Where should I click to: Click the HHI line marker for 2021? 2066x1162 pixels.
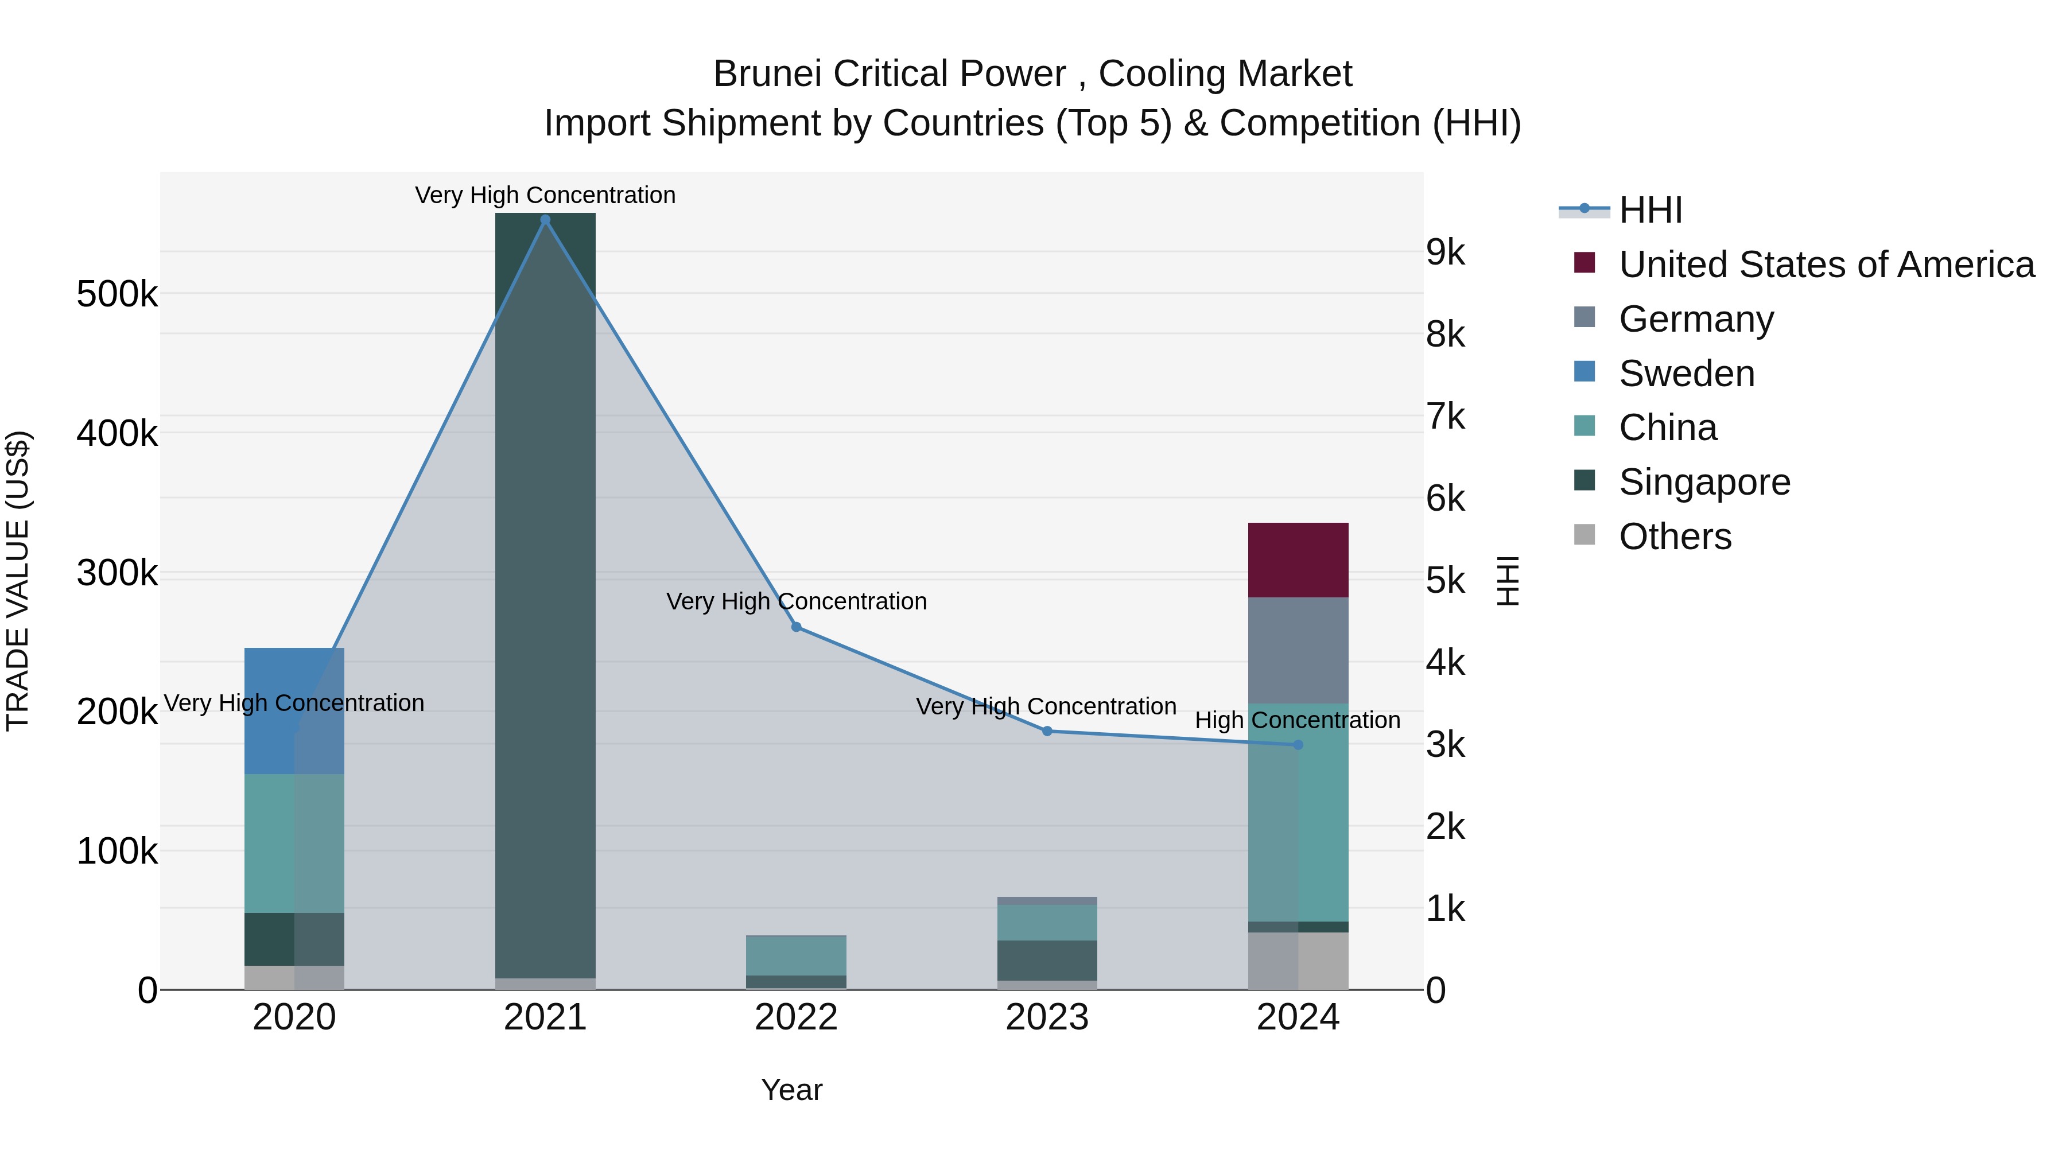[x=545, y=220]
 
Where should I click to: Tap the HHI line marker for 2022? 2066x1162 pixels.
[x=797, y=627]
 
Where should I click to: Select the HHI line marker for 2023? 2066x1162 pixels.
[x=1047, y=732]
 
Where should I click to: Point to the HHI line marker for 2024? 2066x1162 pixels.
[x=1299, y=745]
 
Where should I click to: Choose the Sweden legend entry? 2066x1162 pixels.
[x=1686, y=374]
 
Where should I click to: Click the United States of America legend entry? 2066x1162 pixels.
[x=1826, y=265]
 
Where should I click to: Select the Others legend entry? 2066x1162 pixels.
[x=1675, y=537]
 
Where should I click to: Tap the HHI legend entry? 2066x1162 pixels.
[x=1650, y=210]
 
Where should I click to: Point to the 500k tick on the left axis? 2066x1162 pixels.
[x=117, y=294]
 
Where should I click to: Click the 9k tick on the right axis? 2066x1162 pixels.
[x=1445, y=252]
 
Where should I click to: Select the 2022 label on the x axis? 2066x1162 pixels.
[x=797, y=1017]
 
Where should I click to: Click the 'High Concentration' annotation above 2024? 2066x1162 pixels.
[x=1298, y=720]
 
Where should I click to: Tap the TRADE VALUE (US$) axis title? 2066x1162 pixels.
[x=18, y=581]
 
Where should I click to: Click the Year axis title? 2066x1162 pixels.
[x=791, y=1090]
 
